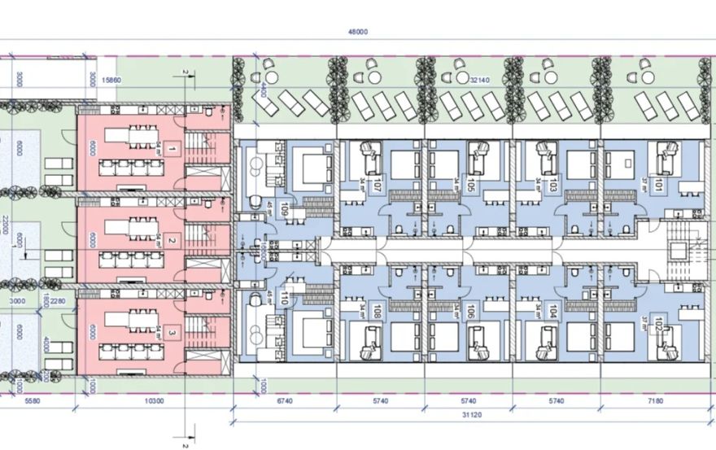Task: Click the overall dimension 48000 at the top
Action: pyautogui.click(x=358, y=32)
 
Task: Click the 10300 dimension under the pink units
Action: pyautogui.click(x=155, y=401)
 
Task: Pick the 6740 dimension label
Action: pyautogui.click(x=286, y=401)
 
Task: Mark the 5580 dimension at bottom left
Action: pyautogui.click(x=33, y=401)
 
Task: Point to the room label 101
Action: pyautogui.click(x=648, y=186)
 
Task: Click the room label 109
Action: pyautogui.click(x=284, y=209)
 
